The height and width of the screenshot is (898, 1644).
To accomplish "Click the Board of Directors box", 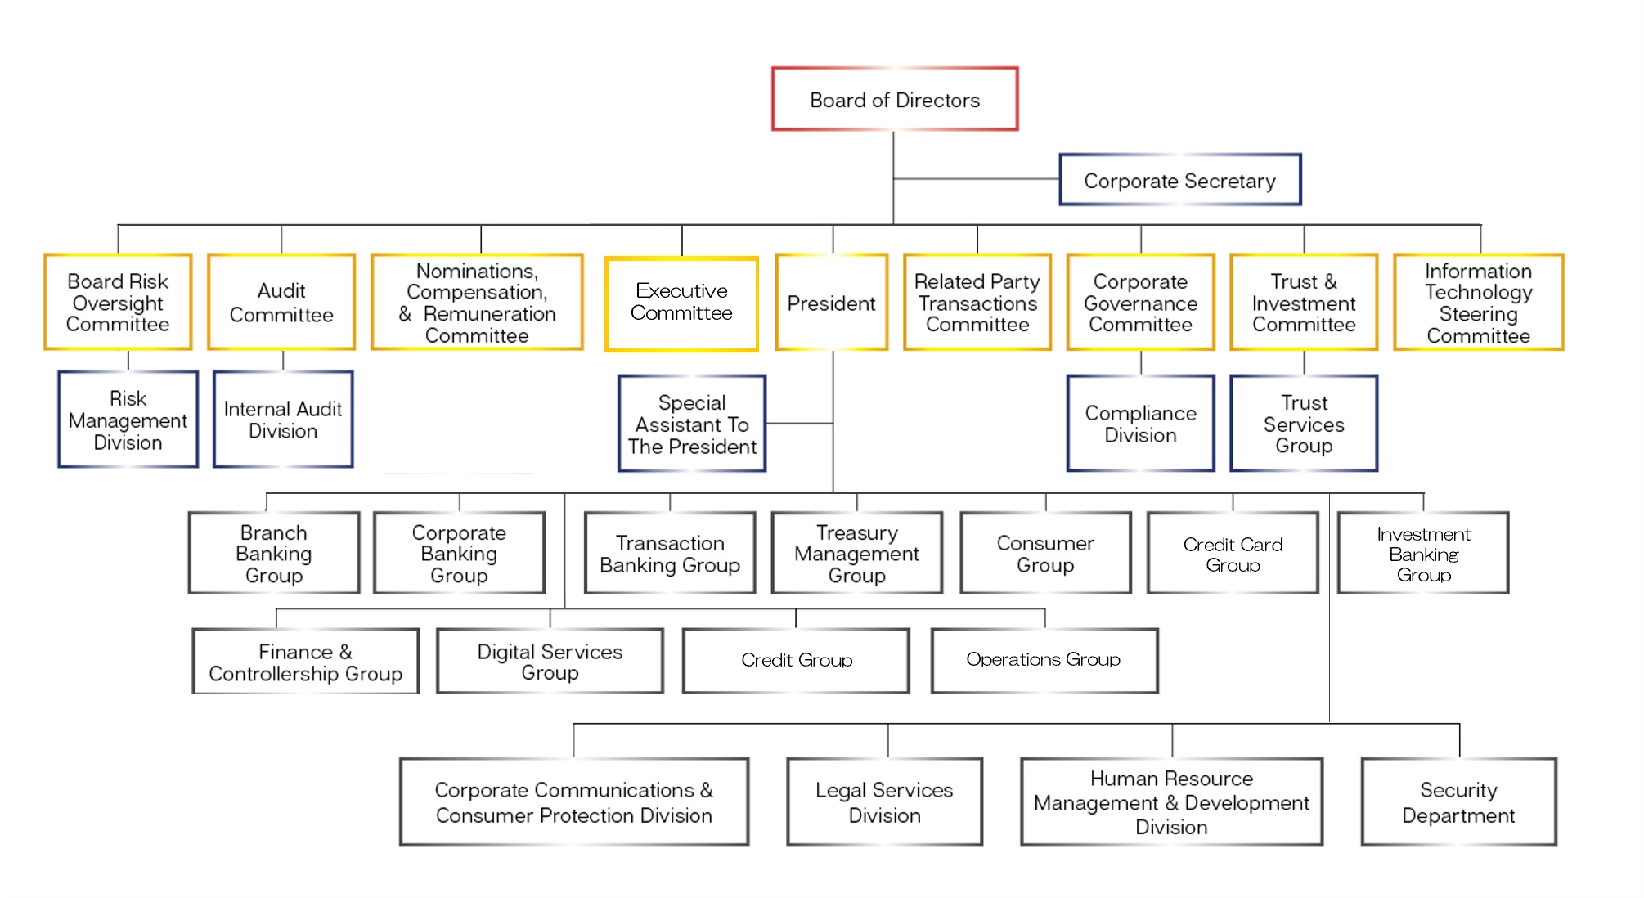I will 895,100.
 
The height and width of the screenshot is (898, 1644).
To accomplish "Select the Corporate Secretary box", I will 1179,180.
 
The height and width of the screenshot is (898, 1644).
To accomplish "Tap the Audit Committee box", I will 281,303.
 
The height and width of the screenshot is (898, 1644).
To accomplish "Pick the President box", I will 831,303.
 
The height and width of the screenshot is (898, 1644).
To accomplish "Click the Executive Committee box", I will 681,303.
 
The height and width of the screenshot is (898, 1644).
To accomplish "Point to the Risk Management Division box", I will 128,420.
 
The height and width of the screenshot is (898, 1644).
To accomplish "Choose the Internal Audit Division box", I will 283,420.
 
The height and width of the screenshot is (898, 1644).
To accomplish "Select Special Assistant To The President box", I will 692,424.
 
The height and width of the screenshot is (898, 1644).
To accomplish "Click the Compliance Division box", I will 1140,424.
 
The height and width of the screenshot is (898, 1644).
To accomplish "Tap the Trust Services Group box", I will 1304,424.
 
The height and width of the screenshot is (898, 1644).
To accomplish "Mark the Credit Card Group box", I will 1233,554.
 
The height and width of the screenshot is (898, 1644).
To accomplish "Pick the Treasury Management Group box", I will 856,554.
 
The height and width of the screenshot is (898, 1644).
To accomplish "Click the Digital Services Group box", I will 550,661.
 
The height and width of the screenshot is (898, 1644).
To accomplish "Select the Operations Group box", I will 1044,660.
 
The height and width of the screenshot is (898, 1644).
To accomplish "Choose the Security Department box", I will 1458,802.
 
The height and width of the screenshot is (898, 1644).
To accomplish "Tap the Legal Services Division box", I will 884,802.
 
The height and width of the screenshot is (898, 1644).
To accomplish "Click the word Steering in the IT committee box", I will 1478,314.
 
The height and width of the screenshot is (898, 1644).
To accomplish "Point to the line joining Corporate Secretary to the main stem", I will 977,178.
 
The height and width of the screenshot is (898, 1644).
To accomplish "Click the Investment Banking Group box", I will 1423,554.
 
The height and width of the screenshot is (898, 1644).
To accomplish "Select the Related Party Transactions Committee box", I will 977,303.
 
